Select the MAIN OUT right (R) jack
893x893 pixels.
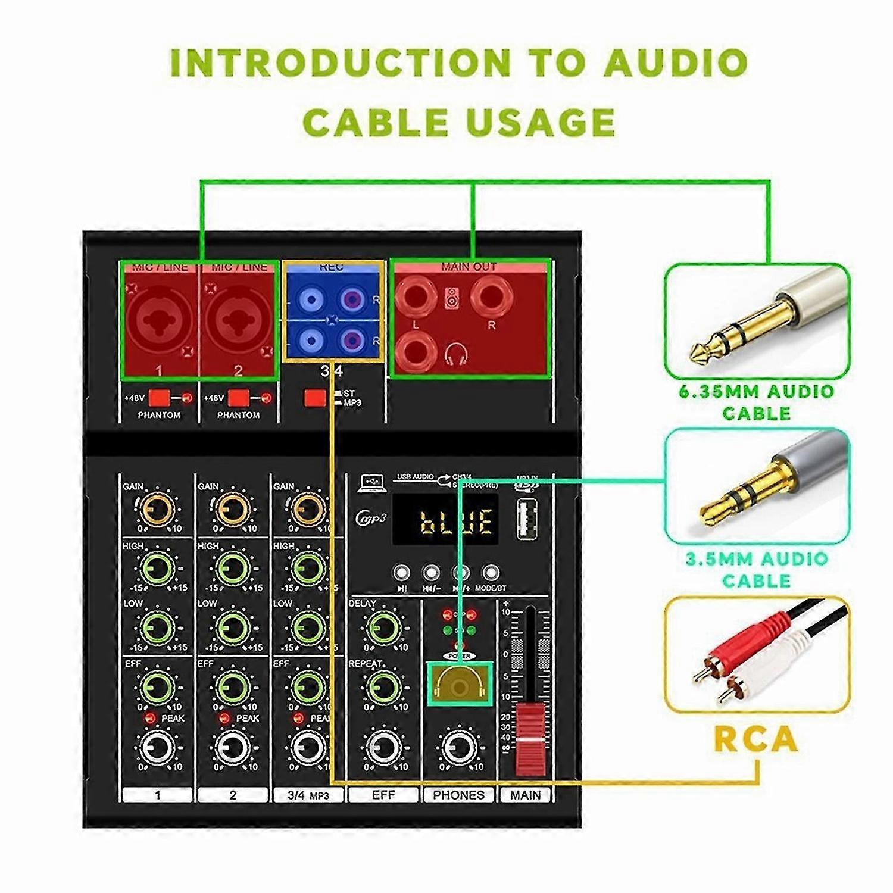[491, 298]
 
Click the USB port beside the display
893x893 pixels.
[526, 519]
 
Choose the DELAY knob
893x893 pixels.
[383, 627]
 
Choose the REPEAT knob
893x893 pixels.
[383, 686]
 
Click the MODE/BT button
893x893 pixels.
[490, 573]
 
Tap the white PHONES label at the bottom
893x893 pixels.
[458, 795]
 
